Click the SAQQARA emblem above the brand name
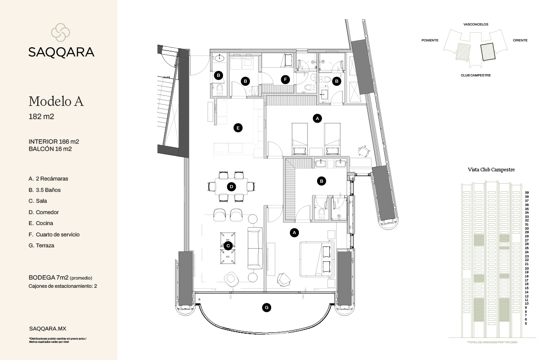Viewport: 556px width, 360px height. tap(61, 32)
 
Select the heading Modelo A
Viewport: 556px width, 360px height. tap(56, 101)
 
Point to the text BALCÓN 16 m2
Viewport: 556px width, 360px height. tap(50, 149)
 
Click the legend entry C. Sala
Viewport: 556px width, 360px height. tap(38, 201)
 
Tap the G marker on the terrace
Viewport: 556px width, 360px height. tap(267, 308)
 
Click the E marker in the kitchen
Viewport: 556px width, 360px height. tap(237, 128)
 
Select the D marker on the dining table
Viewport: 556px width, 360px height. tap(231, 186)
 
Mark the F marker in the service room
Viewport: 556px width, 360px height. tap(285, 80)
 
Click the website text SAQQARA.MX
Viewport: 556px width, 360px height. tap(48, 328)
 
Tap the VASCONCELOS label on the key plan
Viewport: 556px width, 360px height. tap(476, 25)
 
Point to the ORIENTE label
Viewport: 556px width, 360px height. tap(520, 40)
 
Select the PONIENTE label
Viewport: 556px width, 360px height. tap(430, 40)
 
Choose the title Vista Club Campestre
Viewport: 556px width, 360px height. tap(491, 170)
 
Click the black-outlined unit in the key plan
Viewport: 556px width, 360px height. tap(487, 51)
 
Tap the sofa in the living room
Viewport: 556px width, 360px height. tap(254, 248)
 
